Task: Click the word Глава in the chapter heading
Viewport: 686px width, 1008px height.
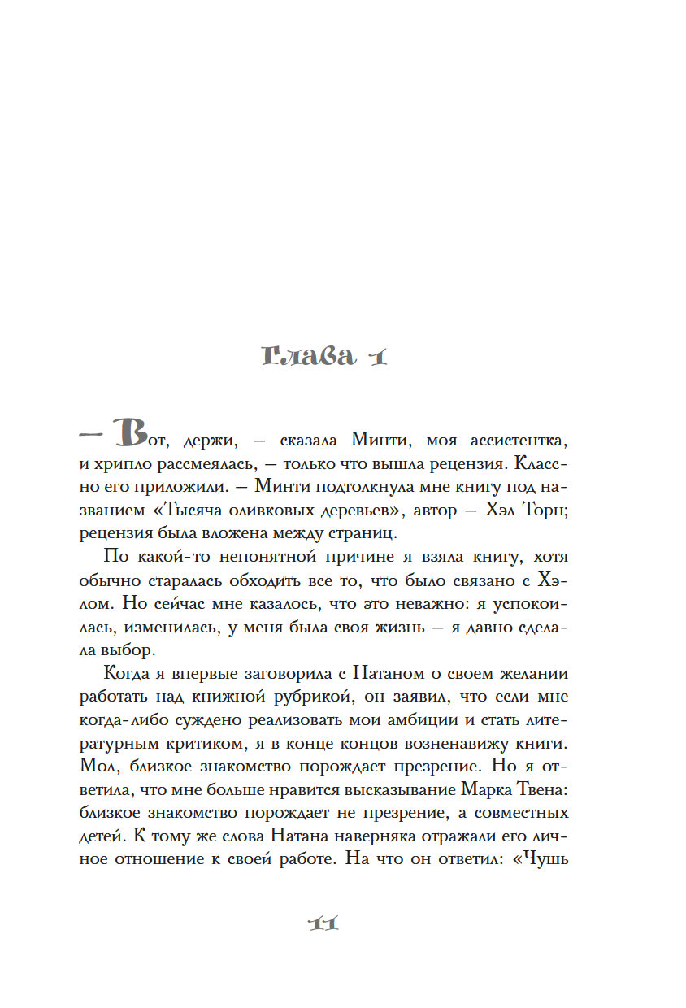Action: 309,357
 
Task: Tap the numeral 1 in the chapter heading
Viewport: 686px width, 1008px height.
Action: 375,357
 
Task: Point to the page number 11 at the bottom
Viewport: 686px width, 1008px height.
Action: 323,923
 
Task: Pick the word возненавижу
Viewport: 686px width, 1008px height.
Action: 462,742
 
